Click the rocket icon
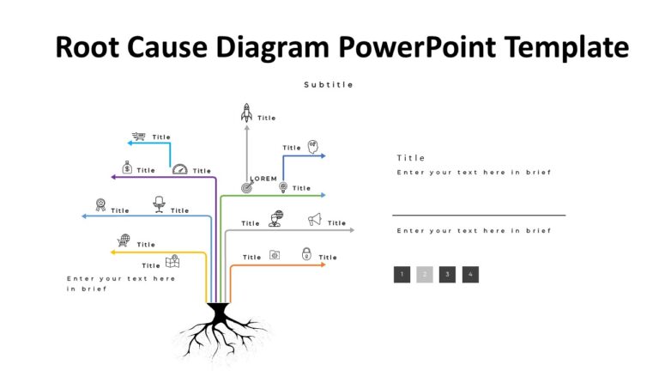click(246, 112)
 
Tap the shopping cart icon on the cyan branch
click(138, 137)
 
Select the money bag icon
click(126, 168)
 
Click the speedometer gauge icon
click(179, 169)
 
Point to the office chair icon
click(159, 203)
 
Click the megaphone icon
click(315, 220)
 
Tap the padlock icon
click(306, 253)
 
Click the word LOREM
click(263, 178)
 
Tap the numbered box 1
click(402, 275)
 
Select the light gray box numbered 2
click(425, 275)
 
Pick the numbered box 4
click(470, 275)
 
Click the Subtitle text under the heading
click(329, 85)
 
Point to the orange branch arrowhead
click(323, 265)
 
